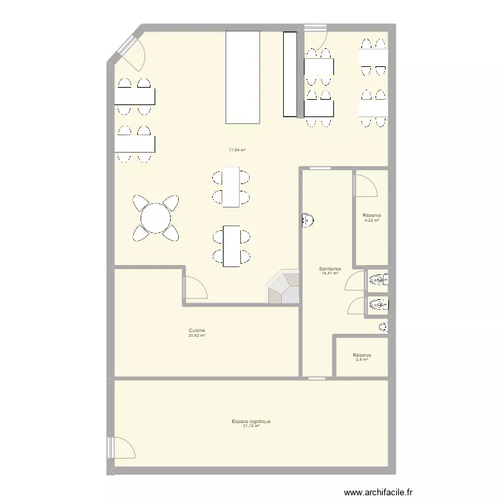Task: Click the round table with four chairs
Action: click(156, 218)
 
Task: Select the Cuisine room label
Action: click(197, 330)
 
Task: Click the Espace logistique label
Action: click(251, 422)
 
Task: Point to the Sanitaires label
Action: click(331, 268)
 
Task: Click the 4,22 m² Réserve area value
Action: click(372, 219)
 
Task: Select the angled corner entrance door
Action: click(130, 54)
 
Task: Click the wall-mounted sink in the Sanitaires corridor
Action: click(307, 220)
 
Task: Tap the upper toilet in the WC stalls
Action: click(377, 280)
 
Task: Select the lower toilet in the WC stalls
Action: click(377, 305)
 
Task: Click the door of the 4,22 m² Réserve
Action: click(366, 185)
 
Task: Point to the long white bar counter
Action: click(242, 77)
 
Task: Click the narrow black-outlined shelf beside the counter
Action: click(290, 74)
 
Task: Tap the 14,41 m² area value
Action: click(331, 273)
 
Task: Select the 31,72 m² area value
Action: click(251, 426)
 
